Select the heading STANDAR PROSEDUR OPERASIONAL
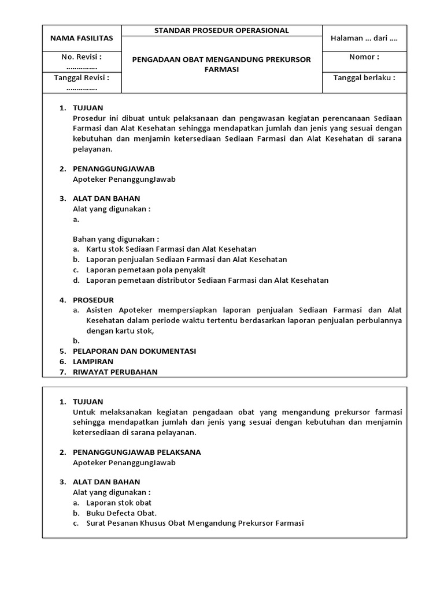click(x=222, y=31)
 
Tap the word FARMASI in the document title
click(x=222, y=69)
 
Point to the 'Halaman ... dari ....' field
click(x=364, y=39)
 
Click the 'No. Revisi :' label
click(x=82, y=57)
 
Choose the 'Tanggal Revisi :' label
click(x=82, y=78)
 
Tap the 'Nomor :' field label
click(x=364, y=57)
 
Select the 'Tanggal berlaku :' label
click(x=364, y=78)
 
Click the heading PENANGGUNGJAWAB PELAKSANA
click(x=137, y=452)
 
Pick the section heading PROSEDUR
click(x=93, y=300)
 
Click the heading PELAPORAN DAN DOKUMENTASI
click(x=134, y=351)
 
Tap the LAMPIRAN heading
click(x=93, y=361)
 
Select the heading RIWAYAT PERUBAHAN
click(x=115, y=372)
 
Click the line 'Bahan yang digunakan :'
click(x=116, y=239)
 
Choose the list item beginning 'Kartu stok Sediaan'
click(x=171, y=249)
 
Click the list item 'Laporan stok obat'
click(x=119, y=503)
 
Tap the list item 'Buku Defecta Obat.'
click(x=121, y=513)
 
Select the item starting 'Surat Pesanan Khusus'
click(x=195, y=523)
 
